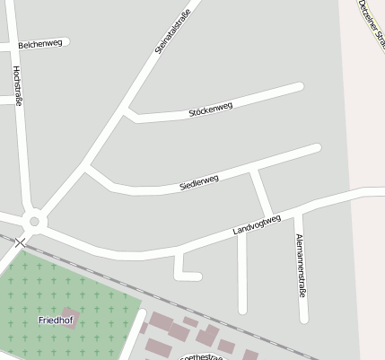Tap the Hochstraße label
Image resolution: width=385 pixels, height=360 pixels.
(x=17, y=86)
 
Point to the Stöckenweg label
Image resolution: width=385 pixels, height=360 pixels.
(x=211, y=110)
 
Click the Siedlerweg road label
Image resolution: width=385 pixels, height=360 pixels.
(x=199, y=183)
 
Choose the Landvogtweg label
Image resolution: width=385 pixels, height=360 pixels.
(x=257, y=224)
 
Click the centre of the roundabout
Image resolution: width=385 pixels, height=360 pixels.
(x=35, y=220)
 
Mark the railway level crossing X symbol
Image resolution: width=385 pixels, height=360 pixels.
(x=21, y=242)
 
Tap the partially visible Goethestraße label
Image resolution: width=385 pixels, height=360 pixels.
(x=203, y=356)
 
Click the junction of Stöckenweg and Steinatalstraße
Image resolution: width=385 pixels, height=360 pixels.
(x=129, y=112)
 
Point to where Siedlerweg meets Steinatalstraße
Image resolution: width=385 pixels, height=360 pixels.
(x=87, y=167)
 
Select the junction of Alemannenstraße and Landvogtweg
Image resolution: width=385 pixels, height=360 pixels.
(x=300, y=212)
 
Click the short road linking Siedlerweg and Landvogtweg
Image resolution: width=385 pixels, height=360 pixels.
(x=261, y=191)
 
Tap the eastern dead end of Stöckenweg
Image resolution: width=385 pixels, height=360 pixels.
(x=300, y=87)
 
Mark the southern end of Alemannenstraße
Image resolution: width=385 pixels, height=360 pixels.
(x=304, y=318)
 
